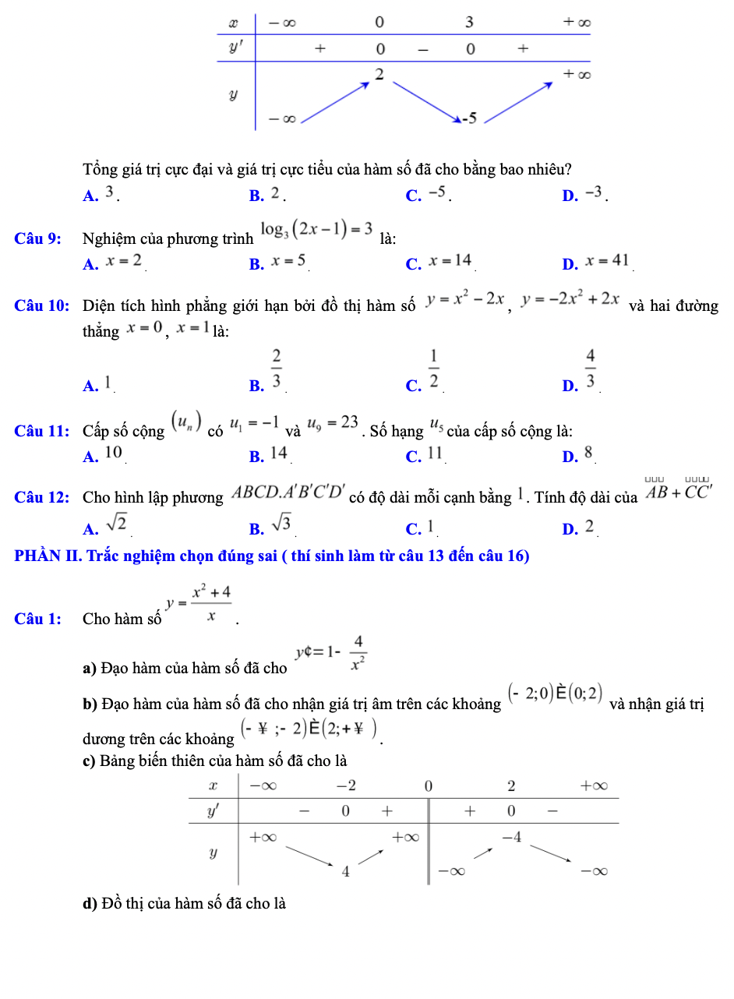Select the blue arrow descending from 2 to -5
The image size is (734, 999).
pyautogui.click(x=425, y=99)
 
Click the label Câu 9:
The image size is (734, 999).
pyautogui.click(x=38, y=238)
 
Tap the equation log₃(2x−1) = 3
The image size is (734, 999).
pyautogui.click(x=316, y=230)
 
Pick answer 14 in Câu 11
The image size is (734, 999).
pyautogui.click(x=279, y=453)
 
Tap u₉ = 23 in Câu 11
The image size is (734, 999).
pyautogui.click(x=333, y=424)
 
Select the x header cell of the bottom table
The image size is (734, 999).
pyautogui.click(x=213, y=783)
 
